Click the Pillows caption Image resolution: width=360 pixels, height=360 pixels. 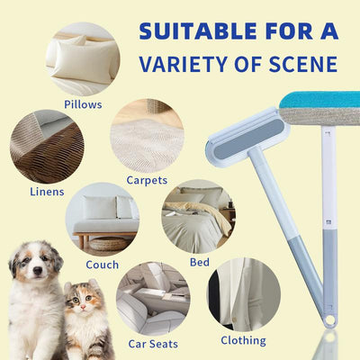82,104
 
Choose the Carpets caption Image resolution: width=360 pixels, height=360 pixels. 147,180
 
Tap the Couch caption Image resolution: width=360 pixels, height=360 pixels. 102,265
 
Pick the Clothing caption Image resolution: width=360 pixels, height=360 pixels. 243,340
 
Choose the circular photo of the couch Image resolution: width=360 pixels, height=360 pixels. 101,220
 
